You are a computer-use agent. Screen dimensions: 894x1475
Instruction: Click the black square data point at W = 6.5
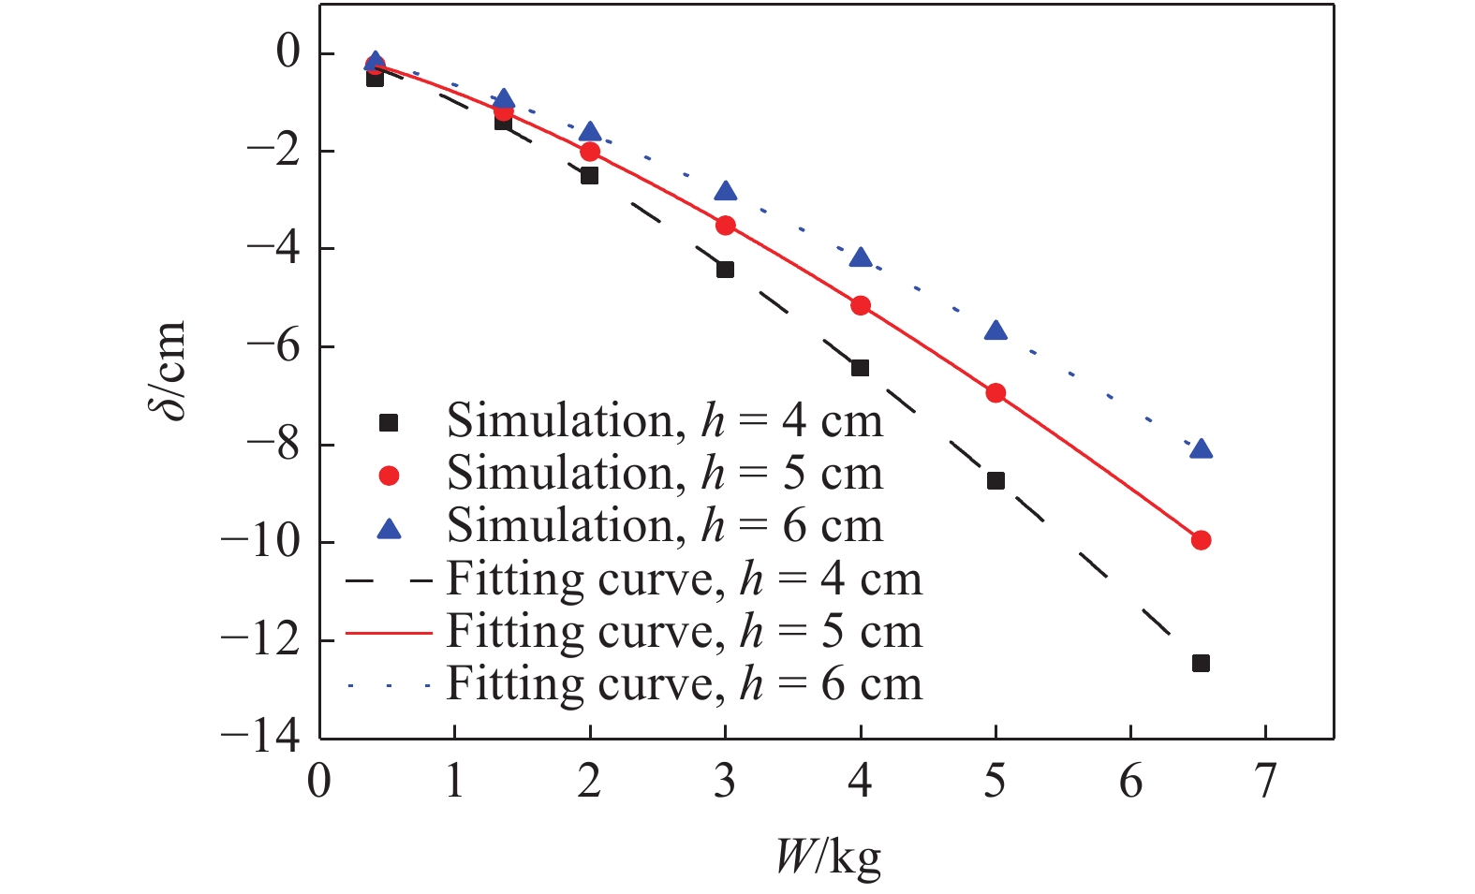pos(1201,663)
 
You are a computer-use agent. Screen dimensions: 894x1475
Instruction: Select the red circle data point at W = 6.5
pos(1201,540)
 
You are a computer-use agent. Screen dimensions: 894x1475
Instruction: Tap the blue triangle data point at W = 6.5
pos(1201,449)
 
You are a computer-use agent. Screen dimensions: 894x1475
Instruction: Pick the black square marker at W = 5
pos(996,480)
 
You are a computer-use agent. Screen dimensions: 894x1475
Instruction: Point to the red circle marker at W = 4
pos(861,305)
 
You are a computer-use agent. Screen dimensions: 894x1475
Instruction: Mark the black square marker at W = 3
pos(725,270)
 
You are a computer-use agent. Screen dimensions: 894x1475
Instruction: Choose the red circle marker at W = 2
pos(590,151)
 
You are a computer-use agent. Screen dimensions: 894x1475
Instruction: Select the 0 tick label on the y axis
pos(288,52)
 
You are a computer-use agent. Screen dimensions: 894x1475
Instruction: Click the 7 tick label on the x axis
pos(1266,781)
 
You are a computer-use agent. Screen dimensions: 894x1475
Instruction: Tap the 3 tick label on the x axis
pos(725,781)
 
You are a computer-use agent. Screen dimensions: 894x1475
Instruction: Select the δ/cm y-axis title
pos(170,371)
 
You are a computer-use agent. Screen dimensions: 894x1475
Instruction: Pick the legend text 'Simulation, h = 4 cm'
pos(665,421)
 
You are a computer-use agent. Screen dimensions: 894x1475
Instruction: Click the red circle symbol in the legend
pos(388,476)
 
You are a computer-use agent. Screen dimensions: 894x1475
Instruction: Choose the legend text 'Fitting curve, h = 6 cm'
pos(684,684)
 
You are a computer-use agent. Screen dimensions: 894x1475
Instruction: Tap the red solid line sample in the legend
pos(388,633)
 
